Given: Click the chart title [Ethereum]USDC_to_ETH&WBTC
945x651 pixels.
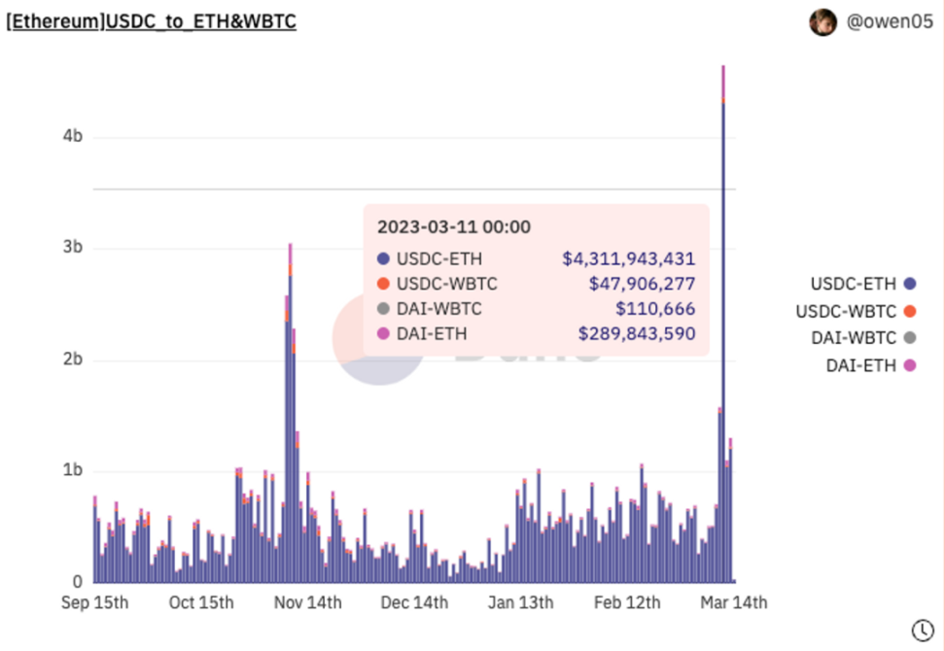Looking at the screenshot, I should pyautogui.click(x=152, y=21).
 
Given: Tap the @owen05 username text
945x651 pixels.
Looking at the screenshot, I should pyautogui.click(x=890, y=21).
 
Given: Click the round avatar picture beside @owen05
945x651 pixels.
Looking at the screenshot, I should pyautogui.click(x=823, y=21).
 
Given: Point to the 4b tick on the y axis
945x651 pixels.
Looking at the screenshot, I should pyautogui.click(x=72, y=137).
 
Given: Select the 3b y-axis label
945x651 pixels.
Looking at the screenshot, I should pyautogui.click(x=72, y=248).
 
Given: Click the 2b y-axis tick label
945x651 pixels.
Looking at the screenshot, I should pyautogui.click(x=72, y=360).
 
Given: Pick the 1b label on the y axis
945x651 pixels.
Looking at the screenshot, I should pyautogui.click(x=72, y=471).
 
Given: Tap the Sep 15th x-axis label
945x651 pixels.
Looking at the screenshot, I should pyautogui.click(x=94, y=602).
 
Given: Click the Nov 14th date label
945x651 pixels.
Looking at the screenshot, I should pyautogui.click(x=307, y=602).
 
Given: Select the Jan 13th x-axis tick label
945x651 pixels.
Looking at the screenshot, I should pyautogui.click(x=520, y=602).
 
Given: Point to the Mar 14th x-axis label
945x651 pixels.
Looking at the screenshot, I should pyautogui.click(x=733, y=602).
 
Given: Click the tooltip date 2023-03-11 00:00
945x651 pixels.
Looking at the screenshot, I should pyautogui.click(x=453, y=227).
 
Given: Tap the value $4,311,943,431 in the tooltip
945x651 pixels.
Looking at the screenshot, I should pyautogui.click(x=628, y=258).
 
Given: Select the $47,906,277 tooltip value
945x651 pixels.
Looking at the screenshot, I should pyautogui.click(x=642, y=284).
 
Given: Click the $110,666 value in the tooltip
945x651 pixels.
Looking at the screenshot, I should pyautogui.click(x=655, y=309).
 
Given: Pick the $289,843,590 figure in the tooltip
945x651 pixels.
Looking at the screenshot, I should pyautogui.click(x=636, y=334).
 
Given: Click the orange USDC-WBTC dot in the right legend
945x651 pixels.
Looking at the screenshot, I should pyautogui.click(x=910, y=311).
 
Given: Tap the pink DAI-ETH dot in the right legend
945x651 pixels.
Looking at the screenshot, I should pyautogui.click(x=910, y=365).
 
